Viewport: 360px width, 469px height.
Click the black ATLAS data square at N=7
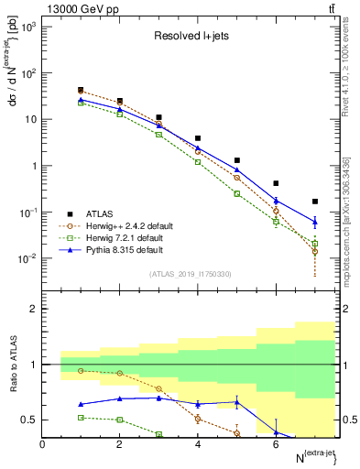[314, 202]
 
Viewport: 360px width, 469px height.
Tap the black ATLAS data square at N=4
[198, 138]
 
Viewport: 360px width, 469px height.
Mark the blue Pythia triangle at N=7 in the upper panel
[314, 222]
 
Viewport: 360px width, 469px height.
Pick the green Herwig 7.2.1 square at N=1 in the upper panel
[81, 103]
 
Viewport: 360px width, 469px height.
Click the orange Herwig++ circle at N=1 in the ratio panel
[81, 370]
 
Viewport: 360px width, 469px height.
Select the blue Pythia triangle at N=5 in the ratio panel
[236, 400]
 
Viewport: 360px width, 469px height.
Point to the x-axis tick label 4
[198, 444]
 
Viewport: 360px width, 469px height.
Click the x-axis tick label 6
[276, 444]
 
